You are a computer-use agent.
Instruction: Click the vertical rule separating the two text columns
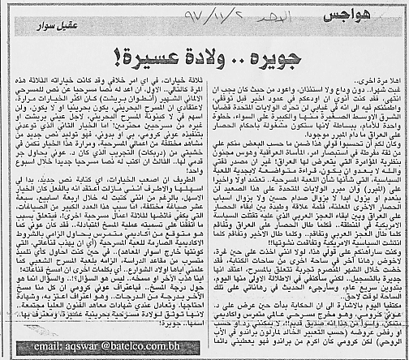tap(209, 211)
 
